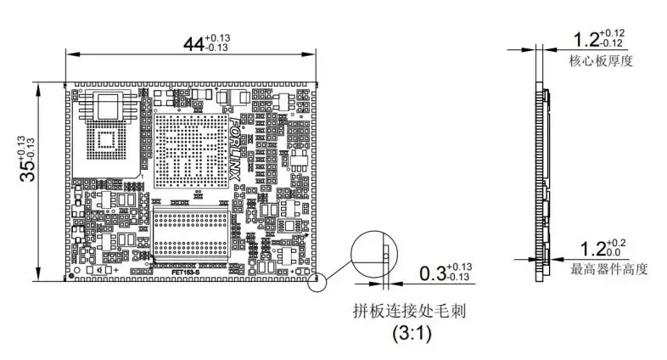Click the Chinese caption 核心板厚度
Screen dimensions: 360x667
pyautogui.click(x=603, y=60)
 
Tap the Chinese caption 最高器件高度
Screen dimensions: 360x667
pyautogui.click(x=609, y=270)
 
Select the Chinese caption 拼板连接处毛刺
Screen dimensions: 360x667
pyautogui.click(x=412, y=312)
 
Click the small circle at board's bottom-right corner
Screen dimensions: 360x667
pyautogui.click(x=317, y=280)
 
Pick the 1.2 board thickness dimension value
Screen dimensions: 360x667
pyautogui.click(x=586, y=40)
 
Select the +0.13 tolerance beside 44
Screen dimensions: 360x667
pyautogui.click(x=217, y=37)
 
